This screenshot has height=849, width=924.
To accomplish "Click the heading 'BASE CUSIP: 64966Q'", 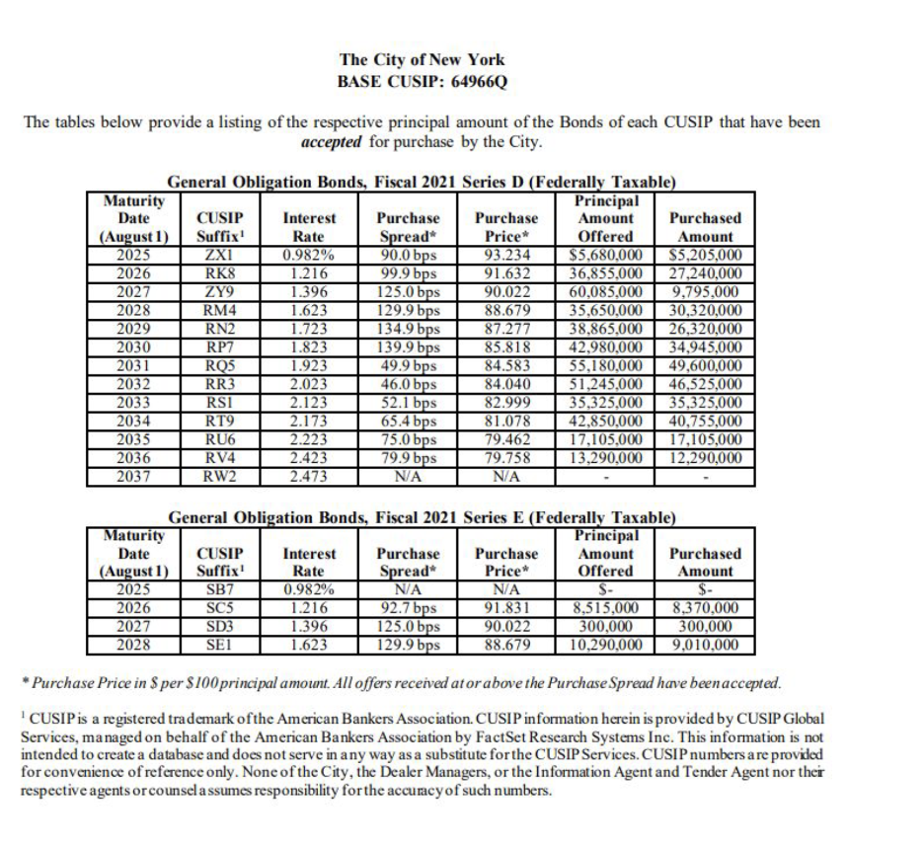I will coord(422,80).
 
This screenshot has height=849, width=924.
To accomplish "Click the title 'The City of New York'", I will coord(422,60).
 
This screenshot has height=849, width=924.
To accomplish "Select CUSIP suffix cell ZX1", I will coord(214,253).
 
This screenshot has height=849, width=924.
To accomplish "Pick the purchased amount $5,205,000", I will coord(700,253).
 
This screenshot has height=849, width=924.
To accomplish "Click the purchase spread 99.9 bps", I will coord(409,271).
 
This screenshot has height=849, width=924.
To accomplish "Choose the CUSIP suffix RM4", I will coord(214,308).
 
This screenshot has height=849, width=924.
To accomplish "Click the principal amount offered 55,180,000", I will coord(604,364).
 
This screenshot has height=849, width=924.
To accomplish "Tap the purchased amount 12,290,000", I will coord(700,458).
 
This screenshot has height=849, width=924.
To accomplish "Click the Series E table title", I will coord(422,517).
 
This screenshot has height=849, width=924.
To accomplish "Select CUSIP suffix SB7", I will coord(214,589).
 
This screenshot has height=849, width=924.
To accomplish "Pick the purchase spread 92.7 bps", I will coord(409,608).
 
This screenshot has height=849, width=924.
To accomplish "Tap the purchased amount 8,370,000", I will coord(700,608).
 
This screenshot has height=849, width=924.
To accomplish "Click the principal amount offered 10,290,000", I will coord(604,646).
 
